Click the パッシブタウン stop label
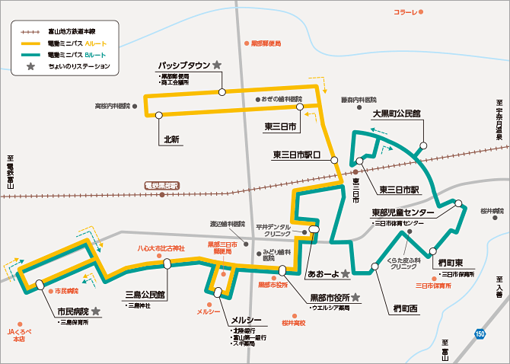[x=183, y=65]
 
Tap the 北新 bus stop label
[x=171, y=139]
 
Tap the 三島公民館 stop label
[x=145, y=294]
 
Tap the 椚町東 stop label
[x=451, y=262]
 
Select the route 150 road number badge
[x=480, y=333]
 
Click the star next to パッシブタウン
[x=217, y=65]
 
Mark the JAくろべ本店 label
[x=16, y=336]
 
